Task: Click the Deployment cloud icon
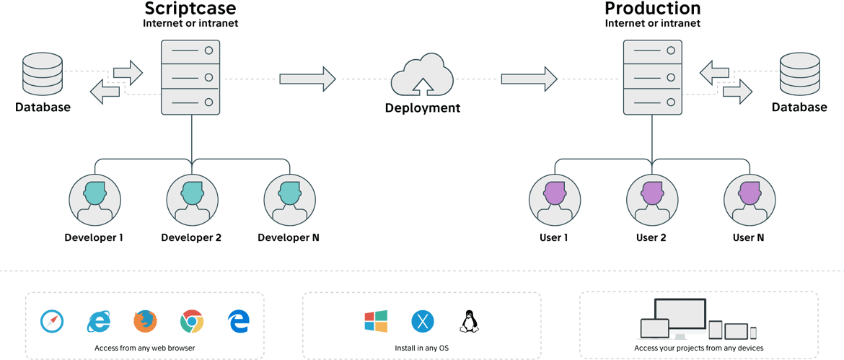coord(422,75)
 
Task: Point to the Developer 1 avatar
coord(94,198)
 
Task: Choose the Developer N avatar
coord(289,198)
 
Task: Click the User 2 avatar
coord(651,198)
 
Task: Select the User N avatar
coord(748,198)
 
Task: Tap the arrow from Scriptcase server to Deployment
coord(308,78)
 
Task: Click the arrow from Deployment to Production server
coord(529,78)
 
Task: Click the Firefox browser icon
coord(145,322)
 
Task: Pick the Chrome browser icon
coord(191,322)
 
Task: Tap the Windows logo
coord(376,321)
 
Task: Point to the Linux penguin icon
coord(467,321)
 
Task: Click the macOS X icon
coord(421,321)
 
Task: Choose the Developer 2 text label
coord(191,237)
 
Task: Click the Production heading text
coord(652,9)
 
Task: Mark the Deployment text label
coord(422,108)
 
